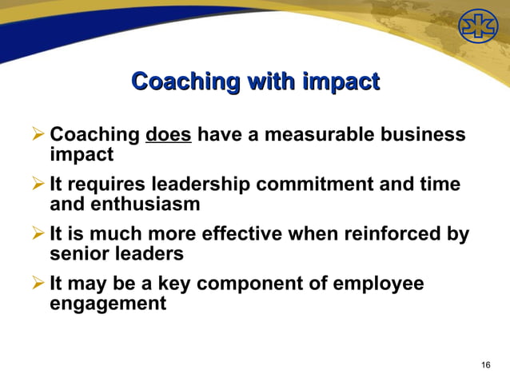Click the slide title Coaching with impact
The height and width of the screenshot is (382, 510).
255,82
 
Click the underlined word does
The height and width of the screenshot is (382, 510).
168,134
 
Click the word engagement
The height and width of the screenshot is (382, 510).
108,304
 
